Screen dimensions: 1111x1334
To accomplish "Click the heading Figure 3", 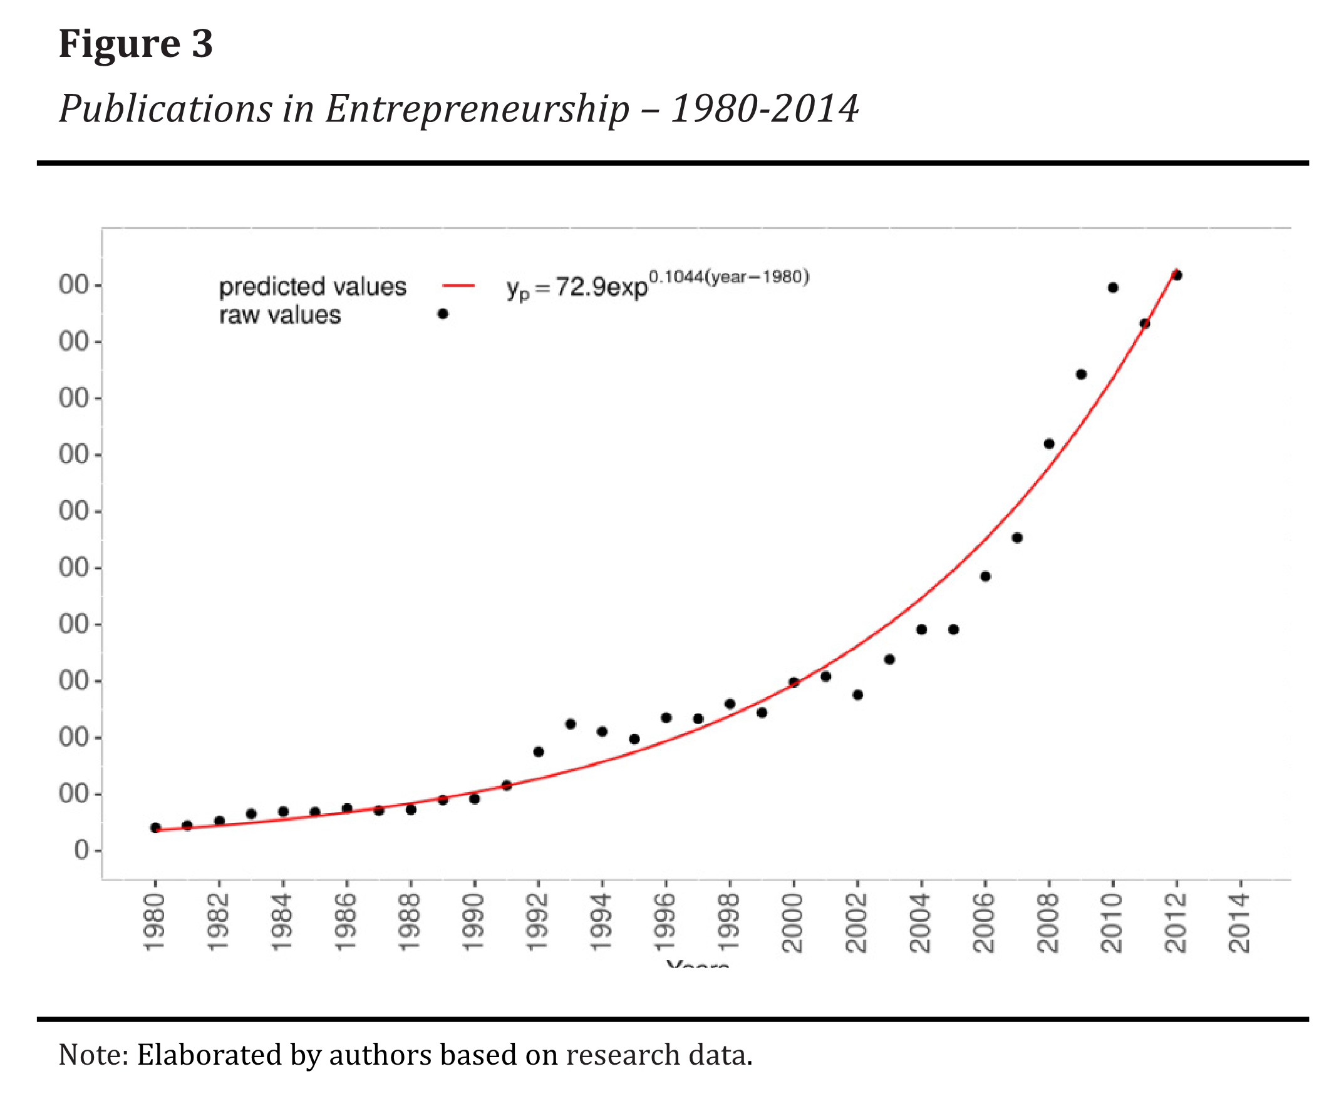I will point(135,44).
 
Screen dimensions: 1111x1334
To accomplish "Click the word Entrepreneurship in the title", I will point(477,109).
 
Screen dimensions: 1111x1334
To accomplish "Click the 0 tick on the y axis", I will point(81,850).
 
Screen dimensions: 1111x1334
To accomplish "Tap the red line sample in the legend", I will point(458,286).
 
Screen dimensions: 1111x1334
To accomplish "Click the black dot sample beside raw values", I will point(443,314).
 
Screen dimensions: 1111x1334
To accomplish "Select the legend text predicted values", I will point(313,287).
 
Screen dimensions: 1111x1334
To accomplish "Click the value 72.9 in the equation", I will point(581,287).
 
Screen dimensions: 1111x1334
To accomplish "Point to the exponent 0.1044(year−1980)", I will point(728,277).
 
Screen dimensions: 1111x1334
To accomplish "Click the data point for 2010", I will point(1113,287).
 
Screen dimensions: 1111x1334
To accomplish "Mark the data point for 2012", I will point(1176,275).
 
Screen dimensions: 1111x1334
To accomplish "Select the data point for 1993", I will point(571,724).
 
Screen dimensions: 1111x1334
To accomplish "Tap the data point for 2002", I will point(857,695).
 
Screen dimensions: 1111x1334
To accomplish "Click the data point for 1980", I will point(155,827).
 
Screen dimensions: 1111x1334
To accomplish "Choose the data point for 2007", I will point(1017,538).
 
